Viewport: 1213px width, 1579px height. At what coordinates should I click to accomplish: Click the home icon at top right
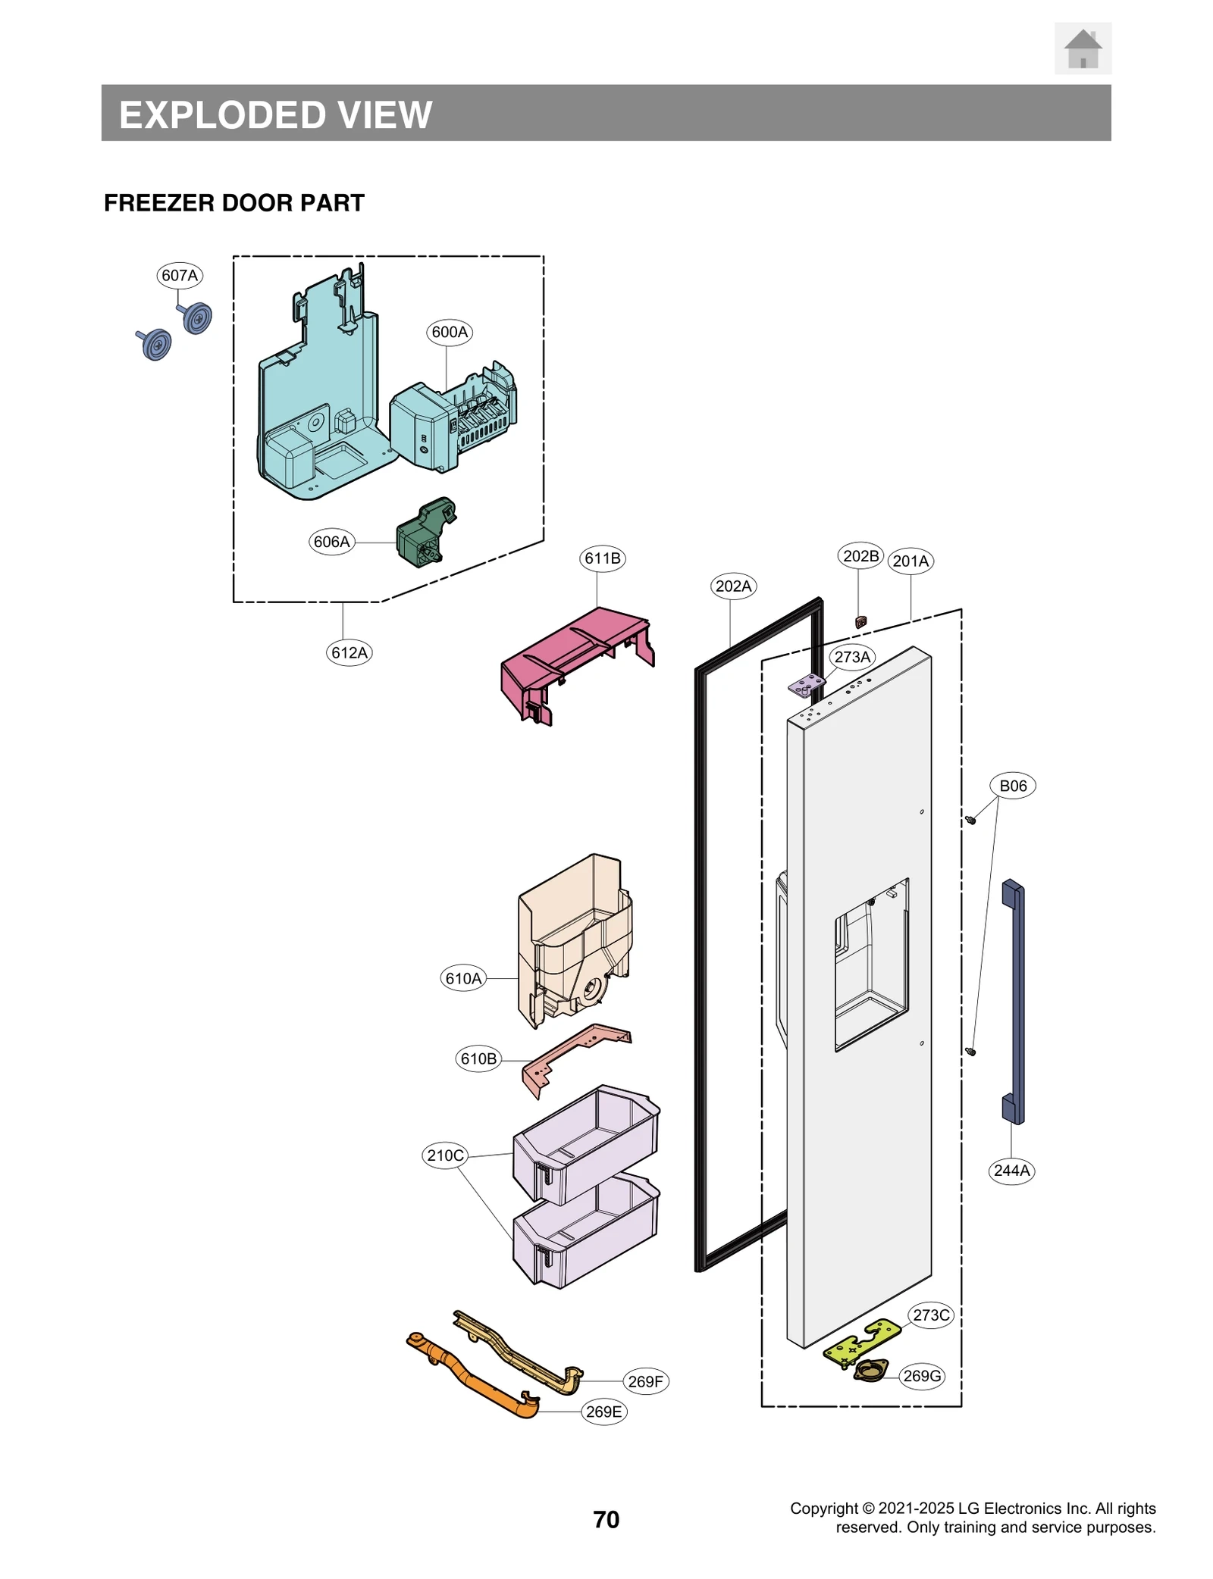click(x=1082, y=48)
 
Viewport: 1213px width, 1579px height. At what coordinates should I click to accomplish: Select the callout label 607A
click(x=180, y=275)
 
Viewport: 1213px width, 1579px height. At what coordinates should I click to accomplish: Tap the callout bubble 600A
click(x=450, y=332)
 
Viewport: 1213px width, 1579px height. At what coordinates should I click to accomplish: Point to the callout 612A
click(x=349, y=652)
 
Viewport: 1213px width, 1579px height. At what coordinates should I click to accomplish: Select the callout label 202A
click(x=733, y=586)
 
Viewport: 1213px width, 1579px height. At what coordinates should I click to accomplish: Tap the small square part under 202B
click(x=860, y=622)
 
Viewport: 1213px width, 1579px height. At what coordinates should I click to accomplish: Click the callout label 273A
click(x=852, y=657)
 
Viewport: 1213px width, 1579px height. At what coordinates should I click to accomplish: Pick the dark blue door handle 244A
click(x=1013, y=1000)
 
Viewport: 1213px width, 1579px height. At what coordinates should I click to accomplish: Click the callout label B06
click(x=1012, y=786)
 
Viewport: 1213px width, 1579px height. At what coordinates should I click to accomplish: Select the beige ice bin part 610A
click(x=573, y=940)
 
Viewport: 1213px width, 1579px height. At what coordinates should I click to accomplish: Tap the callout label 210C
click(x=445, y=1155)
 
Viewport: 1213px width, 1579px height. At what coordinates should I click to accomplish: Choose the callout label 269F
click(x=645, y=1381)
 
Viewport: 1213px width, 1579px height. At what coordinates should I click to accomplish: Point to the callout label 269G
click(x=922, y=1376)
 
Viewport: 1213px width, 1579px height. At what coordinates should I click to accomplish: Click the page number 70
click(x=606, y=1519)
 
